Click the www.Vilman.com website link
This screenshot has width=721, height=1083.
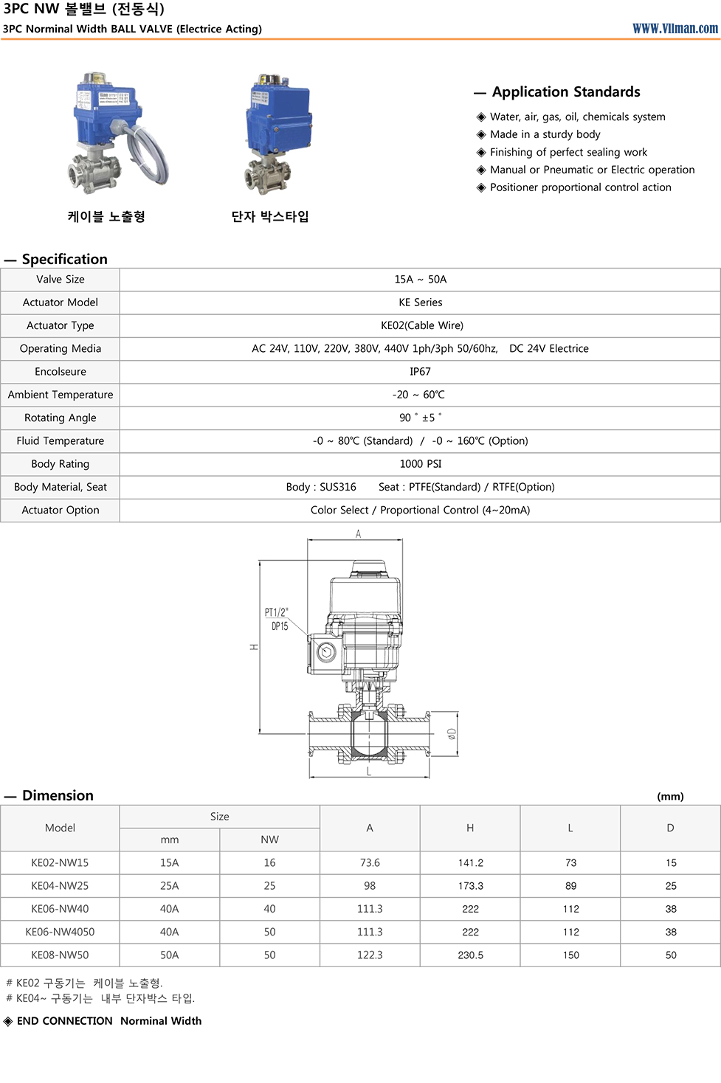coord(675,28)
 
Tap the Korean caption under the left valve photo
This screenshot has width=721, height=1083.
coord(106,216)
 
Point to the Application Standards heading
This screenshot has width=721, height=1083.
coord(565,91)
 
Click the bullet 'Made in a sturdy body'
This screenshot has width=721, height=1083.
coord(545,134)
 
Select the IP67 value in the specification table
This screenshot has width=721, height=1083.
coord(420,372)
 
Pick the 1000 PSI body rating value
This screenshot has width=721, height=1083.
coord(420,464)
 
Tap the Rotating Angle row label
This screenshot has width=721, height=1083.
coord(61,418)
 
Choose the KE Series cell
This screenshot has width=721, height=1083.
coord(420,302)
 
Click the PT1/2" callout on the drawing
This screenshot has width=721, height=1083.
coord(276,612)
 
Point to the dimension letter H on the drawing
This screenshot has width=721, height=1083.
coord(254,647)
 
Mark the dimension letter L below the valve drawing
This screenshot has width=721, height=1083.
coord(369,772)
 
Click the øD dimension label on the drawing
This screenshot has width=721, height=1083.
coord(451,733)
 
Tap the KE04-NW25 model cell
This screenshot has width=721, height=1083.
coord(60,885)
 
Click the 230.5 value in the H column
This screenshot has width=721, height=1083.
coord(470,955)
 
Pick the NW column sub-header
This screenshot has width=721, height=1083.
coord(269,840)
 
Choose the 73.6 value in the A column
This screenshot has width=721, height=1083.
coord(370,862)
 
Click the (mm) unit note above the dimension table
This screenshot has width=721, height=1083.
coord(670,796)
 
